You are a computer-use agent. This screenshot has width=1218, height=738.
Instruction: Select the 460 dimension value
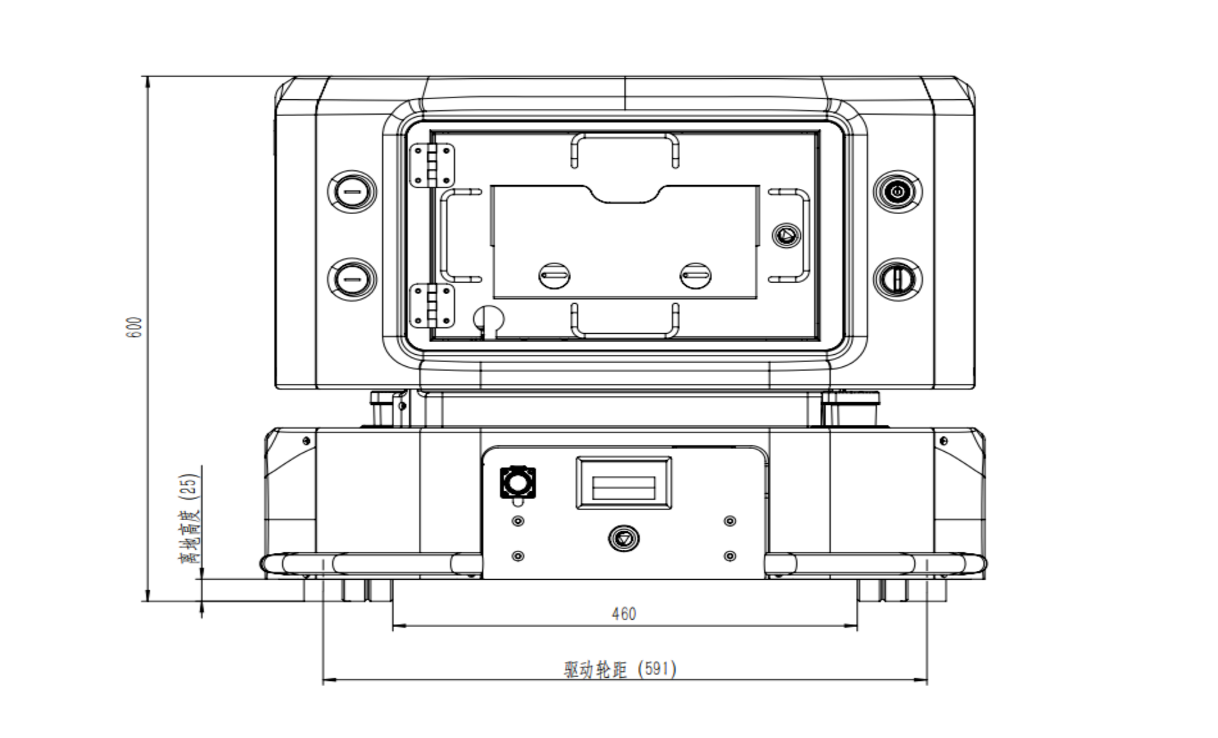coord(624,614)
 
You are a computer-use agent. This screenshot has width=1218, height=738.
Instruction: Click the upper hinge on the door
coord(432,165)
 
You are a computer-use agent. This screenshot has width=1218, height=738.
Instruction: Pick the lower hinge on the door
coord(432,306)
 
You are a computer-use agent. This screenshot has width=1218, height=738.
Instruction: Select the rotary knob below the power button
coord(897,279)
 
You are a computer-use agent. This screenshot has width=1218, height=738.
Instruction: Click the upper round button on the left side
coord(352,192)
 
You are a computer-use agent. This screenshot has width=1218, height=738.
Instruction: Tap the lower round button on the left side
coord(352,279)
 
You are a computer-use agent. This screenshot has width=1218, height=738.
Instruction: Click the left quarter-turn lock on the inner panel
coord(554,276)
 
